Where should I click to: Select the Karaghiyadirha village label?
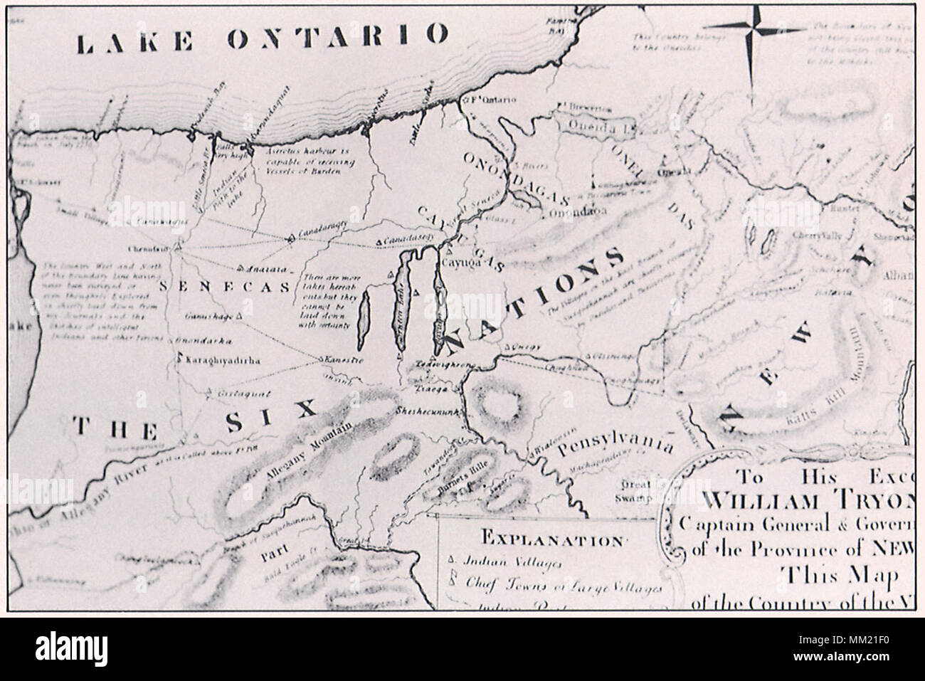pyautogui.click(x=221, y=361)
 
